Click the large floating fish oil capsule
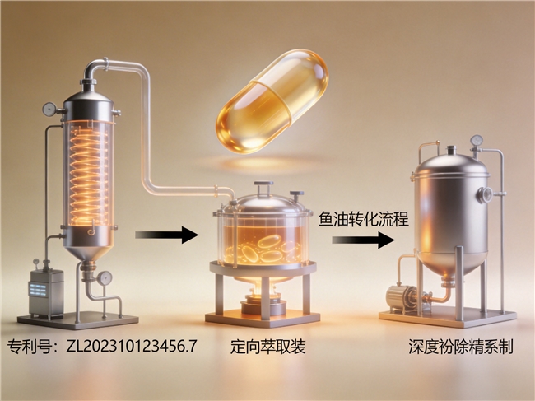click(272, 101)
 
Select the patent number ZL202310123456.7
click(132, 346)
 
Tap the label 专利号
click(30, 347)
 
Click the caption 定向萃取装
click(267, 347)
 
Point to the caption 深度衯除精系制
click(461, 347)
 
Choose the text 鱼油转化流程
click(363, 219)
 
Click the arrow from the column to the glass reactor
click(167, 235)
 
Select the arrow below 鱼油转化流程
click(363, 240)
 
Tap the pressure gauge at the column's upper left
click(49, 110)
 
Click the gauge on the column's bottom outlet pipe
click(105, 278)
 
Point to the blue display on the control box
click(37, 289)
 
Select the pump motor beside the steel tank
click(401, 297)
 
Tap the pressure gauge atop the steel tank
click(477, 140)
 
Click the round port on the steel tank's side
click(485, 195)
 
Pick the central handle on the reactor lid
click(263, 189)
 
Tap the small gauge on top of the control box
click(36, 263)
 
